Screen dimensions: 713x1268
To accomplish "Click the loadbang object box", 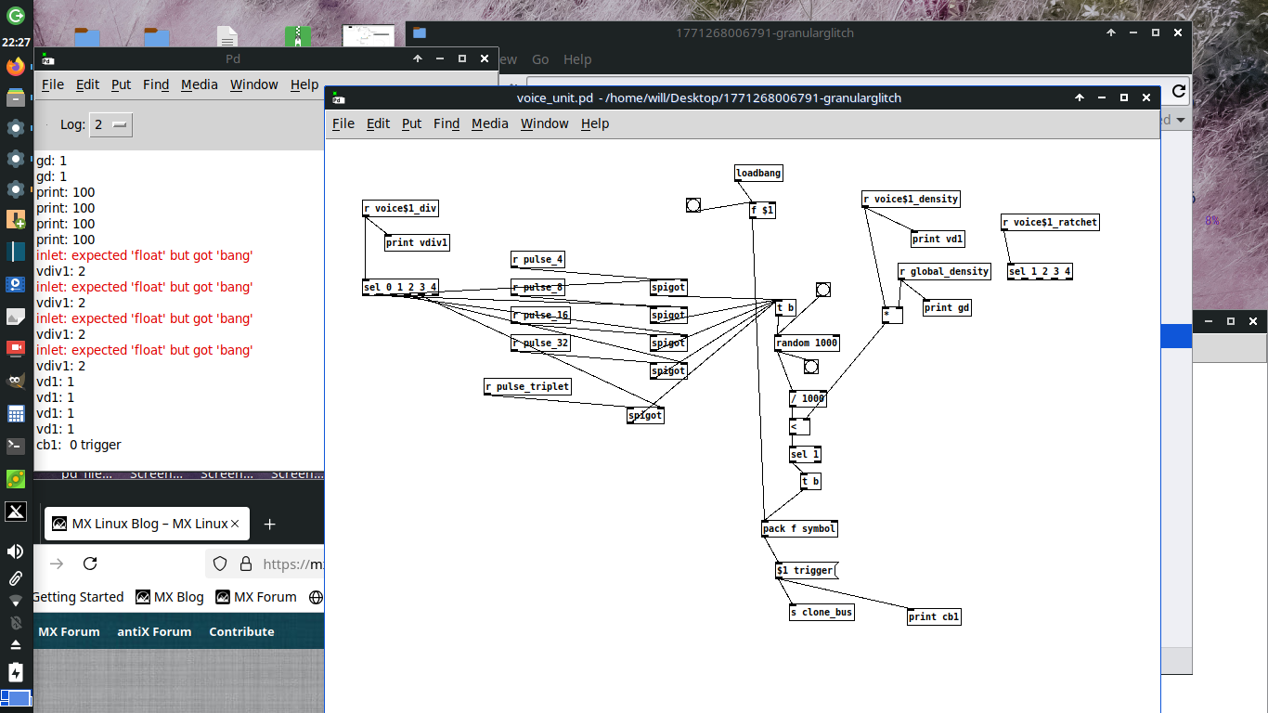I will pyautogui.click(x=758, y=174).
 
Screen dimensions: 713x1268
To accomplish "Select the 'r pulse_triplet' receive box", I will pyautogui.click(x=527, y=387).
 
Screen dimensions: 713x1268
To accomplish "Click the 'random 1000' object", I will pyautogui.click(x=807, y=344).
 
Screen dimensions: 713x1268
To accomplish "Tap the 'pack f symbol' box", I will pyautogui.click(x=799, y=529).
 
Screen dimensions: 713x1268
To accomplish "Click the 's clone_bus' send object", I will pyautogui.click(x=822, y=613).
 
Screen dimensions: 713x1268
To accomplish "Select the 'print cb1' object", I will pyautogui.click(x=934, y=616).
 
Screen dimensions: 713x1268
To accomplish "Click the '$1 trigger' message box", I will pyautogui.click(x=806, y=570).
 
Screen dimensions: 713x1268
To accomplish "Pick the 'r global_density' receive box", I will pyautogui.click(x=944, y=272).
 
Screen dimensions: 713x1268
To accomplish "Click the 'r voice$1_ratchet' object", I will pyautogui.click(x=1050, y=223).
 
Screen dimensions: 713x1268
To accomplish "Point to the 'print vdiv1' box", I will pyautogui.click(x=417, y=243).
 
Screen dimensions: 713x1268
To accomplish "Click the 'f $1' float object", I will pyautogui.click(x=761, y=211).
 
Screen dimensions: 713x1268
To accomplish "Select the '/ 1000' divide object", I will pyautogui.click(x=808, y=399).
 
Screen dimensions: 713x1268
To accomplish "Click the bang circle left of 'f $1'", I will pyautogui.click(x=693, y=205).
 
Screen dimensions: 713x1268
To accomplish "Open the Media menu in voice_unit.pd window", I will pyautogui.click(x=489, y=123).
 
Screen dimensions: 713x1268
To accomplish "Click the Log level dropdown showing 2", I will pyautogui.click(x=111, y=124).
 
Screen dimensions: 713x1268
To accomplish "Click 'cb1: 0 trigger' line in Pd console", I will pyautogui.click(x=79, y=445).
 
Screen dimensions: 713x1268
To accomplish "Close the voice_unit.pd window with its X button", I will pyautogui.click(x=1146, y=97).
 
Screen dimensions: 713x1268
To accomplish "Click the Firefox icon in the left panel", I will pyautogui.click(x=15, y=67).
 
